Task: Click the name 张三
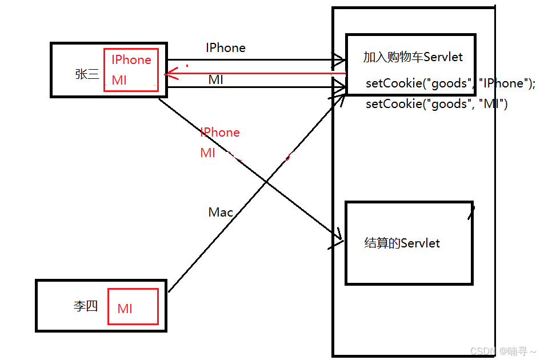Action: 87,74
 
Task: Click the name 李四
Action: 85,306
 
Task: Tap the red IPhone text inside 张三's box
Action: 131,60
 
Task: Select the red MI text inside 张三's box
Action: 119,81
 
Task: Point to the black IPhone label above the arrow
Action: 226,48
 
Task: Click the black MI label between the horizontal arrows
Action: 215,80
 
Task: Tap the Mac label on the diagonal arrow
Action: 221,213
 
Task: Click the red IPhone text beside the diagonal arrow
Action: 220,132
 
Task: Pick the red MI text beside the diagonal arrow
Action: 208,153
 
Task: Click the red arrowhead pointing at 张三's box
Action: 170,74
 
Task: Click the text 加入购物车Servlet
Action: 413,57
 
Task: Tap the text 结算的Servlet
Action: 402,243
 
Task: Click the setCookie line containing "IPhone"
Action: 450,83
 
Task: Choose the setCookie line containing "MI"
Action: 437,104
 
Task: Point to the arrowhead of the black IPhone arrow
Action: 340,59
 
